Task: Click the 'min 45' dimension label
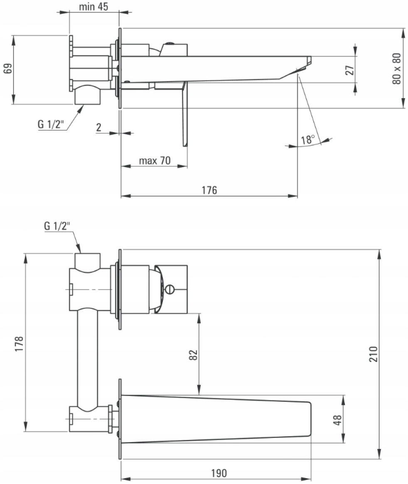coord(93,7)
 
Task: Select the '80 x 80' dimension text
coord(397,69)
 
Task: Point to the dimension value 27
coord(350,70)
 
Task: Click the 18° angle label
coord(308,140)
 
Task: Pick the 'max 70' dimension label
coord(155,160)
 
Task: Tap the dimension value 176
coord(209,190)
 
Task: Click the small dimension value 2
coord(98,127)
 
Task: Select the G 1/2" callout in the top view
coord(51,124)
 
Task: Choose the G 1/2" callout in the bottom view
coord(57,226)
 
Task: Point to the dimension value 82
coord(193,355)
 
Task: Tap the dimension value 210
coord(374,354)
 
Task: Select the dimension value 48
coord(338,420)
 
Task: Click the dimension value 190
coord(219,473)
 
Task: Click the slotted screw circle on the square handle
coord(170,289)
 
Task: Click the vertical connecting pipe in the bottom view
coord(87,358)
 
